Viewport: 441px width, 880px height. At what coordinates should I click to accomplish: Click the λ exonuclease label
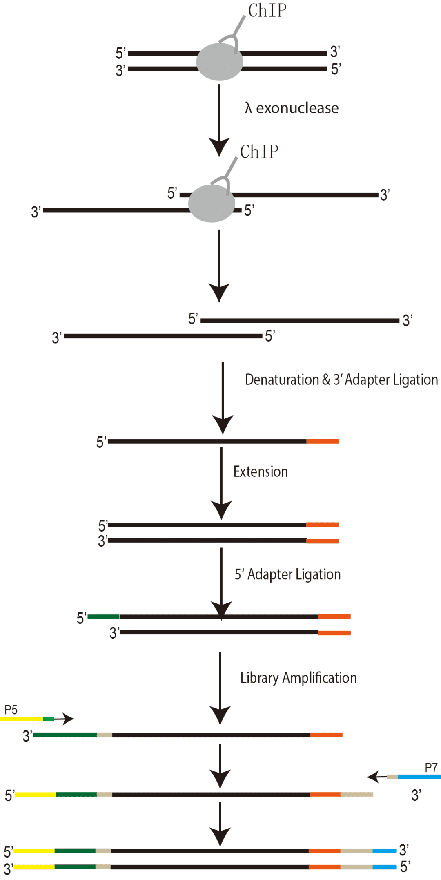point(292,108)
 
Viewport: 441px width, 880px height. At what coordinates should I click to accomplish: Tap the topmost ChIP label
point(267,11)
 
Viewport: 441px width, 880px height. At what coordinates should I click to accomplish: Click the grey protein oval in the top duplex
point(220,62)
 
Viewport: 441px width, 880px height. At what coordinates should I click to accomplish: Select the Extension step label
point(261,471)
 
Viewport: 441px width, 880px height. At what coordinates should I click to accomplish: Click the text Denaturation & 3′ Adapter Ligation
point(341,380)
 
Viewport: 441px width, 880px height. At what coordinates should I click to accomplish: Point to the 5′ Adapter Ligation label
point(287,574)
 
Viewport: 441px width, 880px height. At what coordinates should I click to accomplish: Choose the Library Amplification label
point(298,678)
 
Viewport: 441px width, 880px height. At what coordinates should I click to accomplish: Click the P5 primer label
point(11,710)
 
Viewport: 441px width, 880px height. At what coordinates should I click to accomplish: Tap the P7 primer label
point(431,768)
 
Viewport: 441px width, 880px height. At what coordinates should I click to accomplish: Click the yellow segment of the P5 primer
point(21,719)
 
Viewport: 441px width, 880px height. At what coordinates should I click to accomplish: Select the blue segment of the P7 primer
point(419,777)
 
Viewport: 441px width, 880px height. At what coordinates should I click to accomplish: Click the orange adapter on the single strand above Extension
point(323,441)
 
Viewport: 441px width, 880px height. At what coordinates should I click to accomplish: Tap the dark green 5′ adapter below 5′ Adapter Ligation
point(103,616)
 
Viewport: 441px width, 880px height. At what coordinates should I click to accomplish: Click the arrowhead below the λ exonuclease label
point(219,147)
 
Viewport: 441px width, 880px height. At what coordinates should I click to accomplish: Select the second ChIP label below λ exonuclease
point(259,152)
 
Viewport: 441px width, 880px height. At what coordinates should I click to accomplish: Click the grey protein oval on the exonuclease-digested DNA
point(212,203)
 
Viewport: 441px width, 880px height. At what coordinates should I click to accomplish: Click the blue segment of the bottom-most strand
point(384,867)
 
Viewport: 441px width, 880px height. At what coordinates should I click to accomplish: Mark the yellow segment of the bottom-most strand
point(34,867)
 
